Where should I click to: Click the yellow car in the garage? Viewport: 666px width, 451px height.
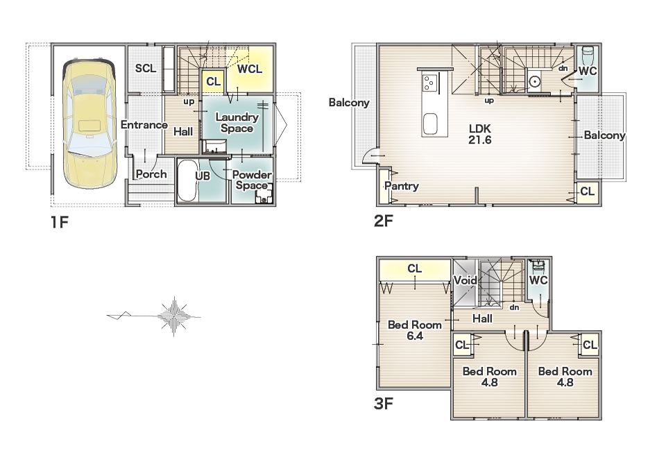pyautogui.click(x=89, y=124)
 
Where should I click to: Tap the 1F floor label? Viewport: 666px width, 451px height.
pyautogui.click(x=60, y=221)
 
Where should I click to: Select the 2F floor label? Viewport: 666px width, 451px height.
pyautogui.click(x=384, y=221)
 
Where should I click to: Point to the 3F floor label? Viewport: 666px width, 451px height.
pyautogui.click(x=384, y=403)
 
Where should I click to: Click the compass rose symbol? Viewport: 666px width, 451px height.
pyautogui.click(x=173, y=316)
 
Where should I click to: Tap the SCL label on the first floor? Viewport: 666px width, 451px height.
pyautogui.click(x=146, y=68)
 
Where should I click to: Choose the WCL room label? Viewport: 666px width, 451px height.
pyautogui.click(x=250, y=69)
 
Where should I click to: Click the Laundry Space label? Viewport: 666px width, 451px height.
pyautogui.click(x=237, y=123)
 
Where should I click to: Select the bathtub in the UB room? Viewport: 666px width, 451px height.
pyautogui.click(x=187, y=181)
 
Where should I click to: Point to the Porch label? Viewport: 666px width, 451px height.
pyautogui.click(x=151, y=174)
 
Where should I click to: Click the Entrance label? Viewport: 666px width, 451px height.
pyautogui.click(x=144, y=125)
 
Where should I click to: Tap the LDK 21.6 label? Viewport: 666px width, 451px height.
pyautogui.click(x=480, y=134)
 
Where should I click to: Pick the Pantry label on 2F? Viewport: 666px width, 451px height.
pyautogui.click(x=402, y=186)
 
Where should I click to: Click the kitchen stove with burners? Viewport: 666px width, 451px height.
pyautogui.click(x=429, y=83)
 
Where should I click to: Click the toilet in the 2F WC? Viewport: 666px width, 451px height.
pyautogui.click(x=588, y=54)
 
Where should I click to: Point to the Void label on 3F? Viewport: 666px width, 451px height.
pyautogui.click(x=466, y=280)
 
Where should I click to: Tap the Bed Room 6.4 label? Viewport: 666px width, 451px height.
pyautogui.click(x=415, y=330)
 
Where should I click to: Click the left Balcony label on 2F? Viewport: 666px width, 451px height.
pyautogui.click(x=349, y=103)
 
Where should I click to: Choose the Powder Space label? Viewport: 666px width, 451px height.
pyautogui.click(x=252, y=180)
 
